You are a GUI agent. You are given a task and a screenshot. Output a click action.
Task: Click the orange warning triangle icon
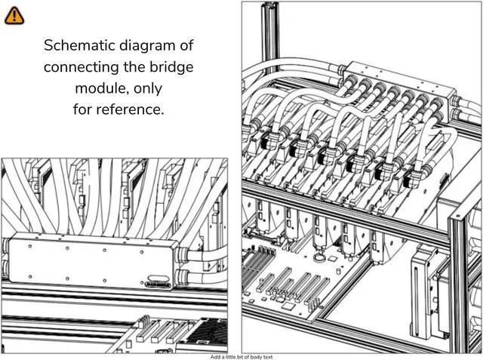pyautogui.click(x=14, y=14)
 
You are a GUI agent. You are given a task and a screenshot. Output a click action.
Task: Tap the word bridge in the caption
pyautogui.click(x=174, y=66)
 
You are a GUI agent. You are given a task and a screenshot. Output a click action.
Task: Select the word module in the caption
pyautogui.click(x=97, y=88)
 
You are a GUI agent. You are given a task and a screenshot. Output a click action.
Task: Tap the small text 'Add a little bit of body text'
pyautogui.click(x=241, y=356)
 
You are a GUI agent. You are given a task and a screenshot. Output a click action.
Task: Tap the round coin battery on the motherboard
pyautogui.click(x=330, y=257)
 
